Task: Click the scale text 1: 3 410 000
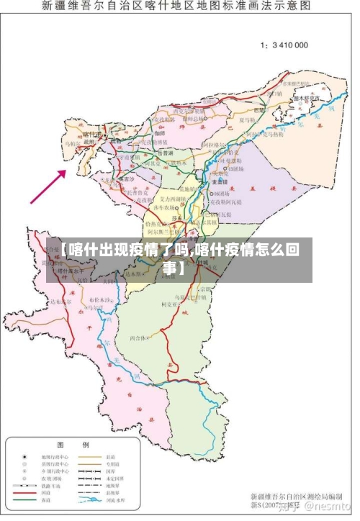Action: pos(284,45)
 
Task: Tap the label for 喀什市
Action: pos(91,135)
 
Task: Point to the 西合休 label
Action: pos(139,337)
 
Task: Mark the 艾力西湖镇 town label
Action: pos(173,198)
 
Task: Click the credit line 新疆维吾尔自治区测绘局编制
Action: pos(296,497)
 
